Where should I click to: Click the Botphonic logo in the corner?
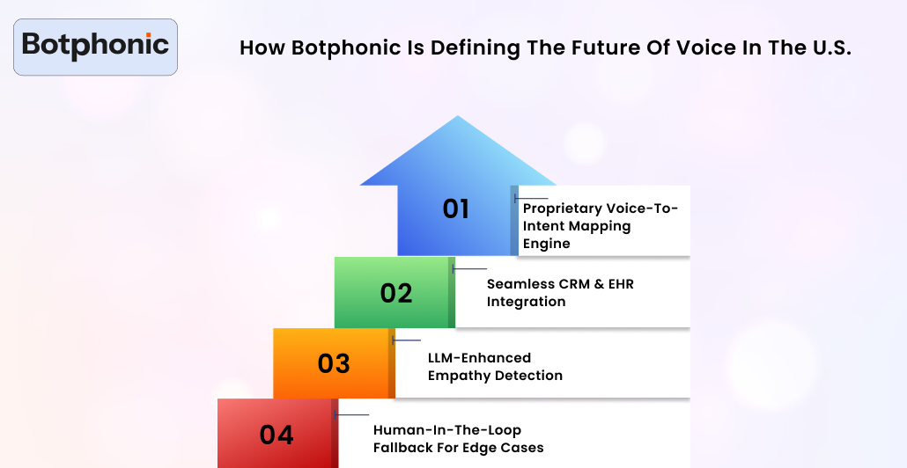pos(95,46)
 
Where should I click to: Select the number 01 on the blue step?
pos(455,209)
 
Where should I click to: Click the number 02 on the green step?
pos(396,293)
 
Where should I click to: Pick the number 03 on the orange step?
pos(334,363)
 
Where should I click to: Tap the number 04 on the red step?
pos(277,435)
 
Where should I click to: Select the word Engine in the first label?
pos(546,244)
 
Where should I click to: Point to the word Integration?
pos(526,302)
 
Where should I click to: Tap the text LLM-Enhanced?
pos(479,358)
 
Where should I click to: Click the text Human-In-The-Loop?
pos(447,430)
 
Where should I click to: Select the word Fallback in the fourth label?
pos(406,448)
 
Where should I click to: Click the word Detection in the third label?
pos(528,376)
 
